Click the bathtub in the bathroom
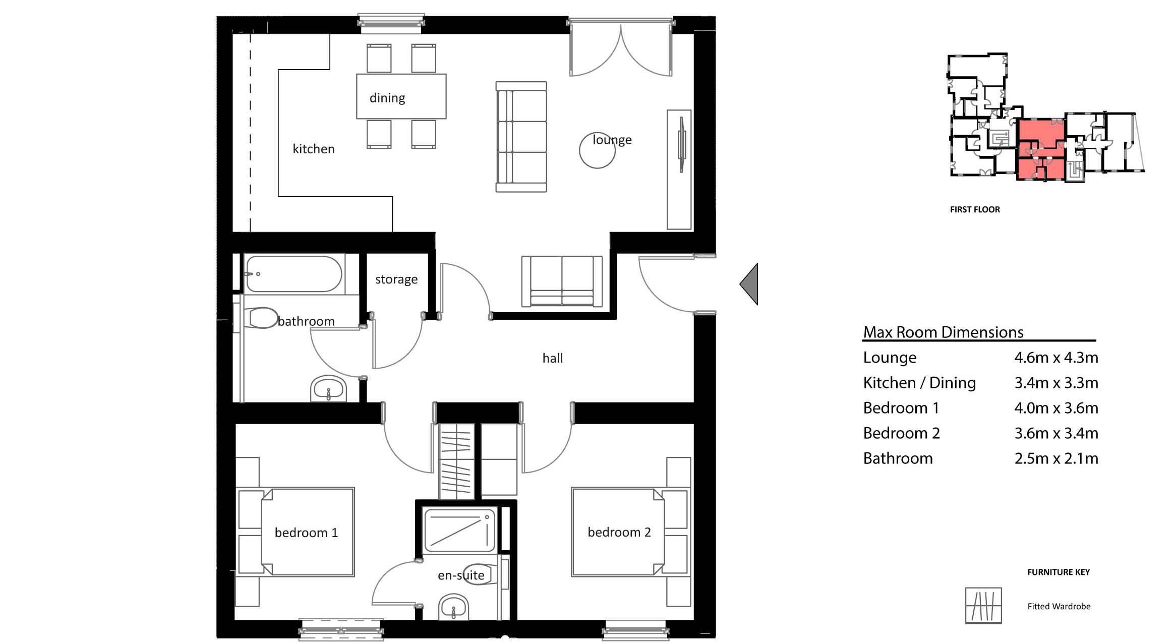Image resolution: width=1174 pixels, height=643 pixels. [293, 274]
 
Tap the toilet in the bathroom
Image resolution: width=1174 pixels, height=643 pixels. [262, 318]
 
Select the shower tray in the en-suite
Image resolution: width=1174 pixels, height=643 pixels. [459, 530]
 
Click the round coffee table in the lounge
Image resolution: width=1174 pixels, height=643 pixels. [597, 150]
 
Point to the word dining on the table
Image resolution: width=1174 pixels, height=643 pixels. [387, 98]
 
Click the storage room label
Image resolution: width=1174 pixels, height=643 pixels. [396, 279]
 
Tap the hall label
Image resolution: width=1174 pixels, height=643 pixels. [552, 358]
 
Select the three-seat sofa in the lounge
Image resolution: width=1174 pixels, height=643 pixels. [521, 137]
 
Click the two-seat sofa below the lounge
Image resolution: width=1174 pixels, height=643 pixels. [562, 281]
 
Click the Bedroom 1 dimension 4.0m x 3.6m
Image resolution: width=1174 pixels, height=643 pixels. [1056, 408]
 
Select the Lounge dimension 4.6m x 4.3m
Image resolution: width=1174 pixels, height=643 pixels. [1056, 358]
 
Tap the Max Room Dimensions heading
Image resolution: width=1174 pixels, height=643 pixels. [943, 332]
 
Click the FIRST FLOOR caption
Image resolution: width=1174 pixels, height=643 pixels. [974, 210]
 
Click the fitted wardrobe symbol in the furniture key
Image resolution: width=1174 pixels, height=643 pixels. [983, 605]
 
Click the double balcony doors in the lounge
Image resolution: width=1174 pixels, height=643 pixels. [621, 50]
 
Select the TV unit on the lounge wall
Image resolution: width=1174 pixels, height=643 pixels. [679, 169]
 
